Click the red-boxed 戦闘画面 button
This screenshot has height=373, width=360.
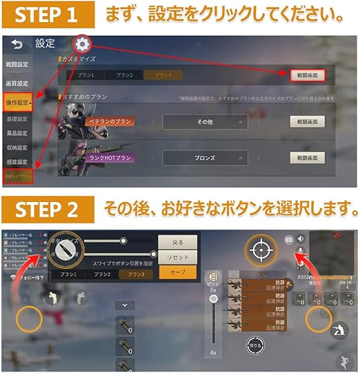coord(306,74)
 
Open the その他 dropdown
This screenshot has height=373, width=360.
coord(205,122)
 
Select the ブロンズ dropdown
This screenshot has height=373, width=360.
coord(205,157)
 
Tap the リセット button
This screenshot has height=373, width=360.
coord(172,257)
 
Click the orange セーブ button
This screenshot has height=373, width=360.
coord(172,273)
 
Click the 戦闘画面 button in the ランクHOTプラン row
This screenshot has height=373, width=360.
coord(306,157)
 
